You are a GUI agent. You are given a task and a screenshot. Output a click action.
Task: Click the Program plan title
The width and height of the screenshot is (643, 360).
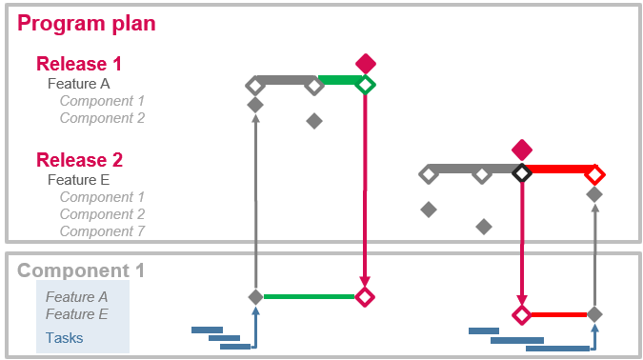87,24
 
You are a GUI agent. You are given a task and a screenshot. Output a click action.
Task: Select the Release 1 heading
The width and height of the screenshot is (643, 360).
79,64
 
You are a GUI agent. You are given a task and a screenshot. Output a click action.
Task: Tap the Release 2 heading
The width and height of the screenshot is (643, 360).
79,160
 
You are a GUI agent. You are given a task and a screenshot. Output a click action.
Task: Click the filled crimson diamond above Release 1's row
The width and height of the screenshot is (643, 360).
366,64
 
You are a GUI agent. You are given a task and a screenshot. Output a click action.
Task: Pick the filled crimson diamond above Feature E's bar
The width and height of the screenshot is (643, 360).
521,150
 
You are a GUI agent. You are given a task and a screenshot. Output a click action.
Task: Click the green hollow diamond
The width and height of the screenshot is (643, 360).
366,85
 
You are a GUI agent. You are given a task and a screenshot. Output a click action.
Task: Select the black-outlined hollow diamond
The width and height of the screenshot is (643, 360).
521,173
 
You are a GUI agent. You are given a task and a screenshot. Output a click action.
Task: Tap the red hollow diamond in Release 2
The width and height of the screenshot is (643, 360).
594,174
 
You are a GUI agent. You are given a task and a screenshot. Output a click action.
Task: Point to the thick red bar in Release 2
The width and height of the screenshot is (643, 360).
558,170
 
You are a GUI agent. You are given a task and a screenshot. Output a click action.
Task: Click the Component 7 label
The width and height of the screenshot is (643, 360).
102,231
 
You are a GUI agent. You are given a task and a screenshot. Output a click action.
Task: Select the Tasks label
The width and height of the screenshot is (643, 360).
64,337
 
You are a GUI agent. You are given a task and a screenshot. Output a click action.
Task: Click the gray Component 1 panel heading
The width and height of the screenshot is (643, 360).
81,270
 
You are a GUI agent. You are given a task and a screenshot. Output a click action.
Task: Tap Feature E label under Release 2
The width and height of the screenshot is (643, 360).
78,179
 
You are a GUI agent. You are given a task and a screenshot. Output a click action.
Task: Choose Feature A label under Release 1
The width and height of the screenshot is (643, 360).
78,83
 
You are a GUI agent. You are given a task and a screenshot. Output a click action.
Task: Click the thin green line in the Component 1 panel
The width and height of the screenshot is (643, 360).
309,297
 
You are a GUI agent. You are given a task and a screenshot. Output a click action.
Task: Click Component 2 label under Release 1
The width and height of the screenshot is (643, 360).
102,118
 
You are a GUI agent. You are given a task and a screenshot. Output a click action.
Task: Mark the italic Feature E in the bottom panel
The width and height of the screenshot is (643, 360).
76,314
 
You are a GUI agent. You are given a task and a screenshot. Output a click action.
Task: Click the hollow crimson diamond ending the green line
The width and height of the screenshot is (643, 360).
365,297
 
